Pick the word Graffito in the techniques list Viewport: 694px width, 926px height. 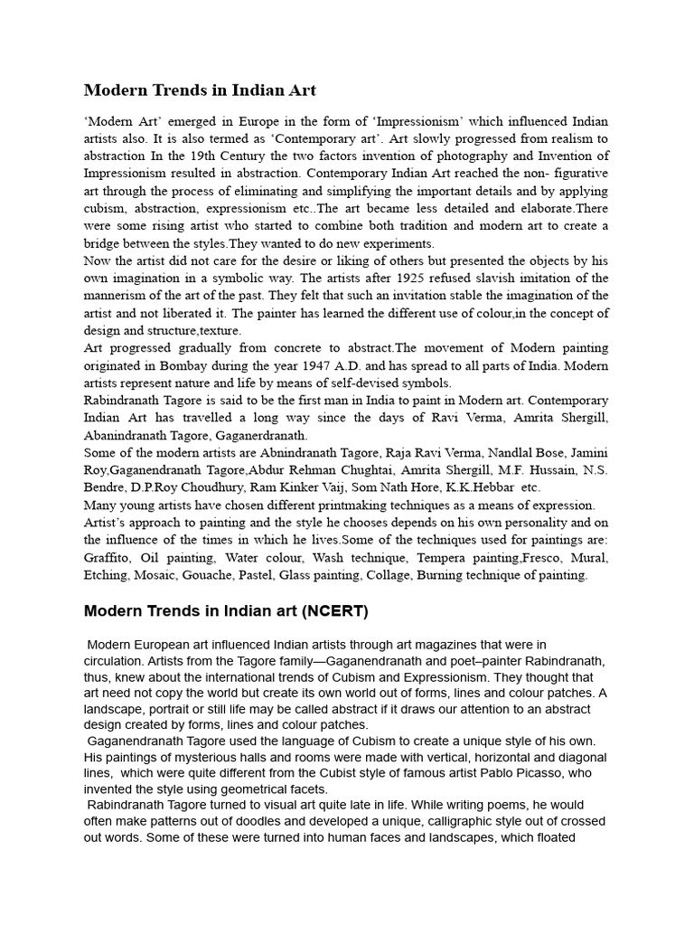tap(111, 557)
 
